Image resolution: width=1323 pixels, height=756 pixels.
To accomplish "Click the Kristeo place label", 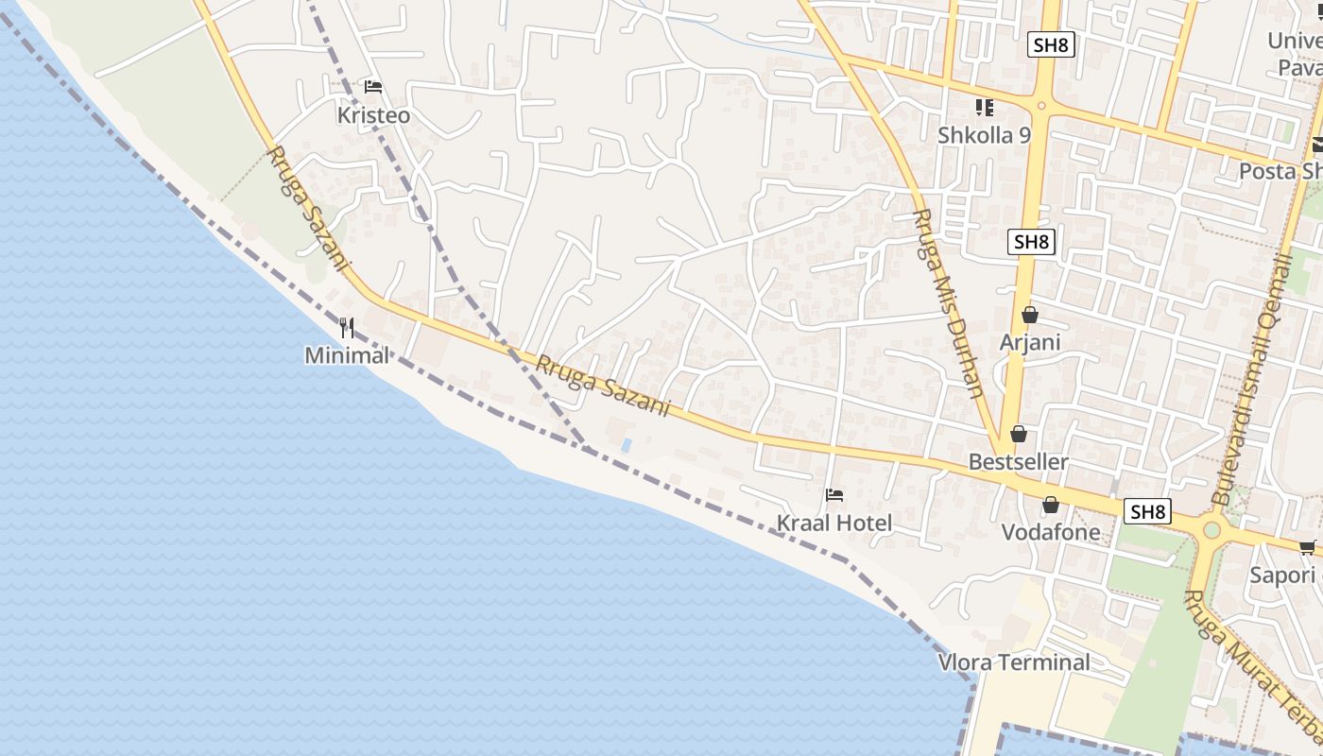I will (x=374, y=115).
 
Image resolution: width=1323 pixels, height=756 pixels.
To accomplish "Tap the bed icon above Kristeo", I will (x=373, y=87).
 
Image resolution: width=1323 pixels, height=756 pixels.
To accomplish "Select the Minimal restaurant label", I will (x=347, y=355).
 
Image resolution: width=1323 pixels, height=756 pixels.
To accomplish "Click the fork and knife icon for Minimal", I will (x=347, y=328).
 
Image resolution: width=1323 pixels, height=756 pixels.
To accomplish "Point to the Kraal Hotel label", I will (x=833, y=523).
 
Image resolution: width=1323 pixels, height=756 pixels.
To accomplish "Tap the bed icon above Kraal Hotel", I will (x=833, y=494).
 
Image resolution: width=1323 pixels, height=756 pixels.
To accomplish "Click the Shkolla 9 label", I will (x=984, y=135).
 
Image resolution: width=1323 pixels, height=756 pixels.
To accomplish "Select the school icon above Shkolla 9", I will (x=985, y=108).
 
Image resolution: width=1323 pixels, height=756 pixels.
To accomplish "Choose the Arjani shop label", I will (x=1030, y=342).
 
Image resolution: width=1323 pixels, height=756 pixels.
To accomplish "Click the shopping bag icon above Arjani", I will (x=1030, y=315).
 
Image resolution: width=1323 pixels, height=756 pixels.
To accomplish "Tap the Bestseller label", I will (x=1019, y=462).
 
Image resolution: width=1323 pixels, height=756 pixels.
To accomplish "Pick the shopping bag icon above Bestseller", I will (x=1019, y=435).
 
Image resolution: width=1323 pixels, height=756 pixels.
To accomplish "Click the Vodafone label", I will (x=1051, y=532).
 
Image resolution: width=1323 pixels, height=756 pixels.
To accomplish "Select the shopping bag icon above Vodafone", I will (x=1051, y=505).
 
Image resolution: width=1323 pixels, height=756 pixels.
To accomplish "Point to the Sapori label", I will (x=1282, y=575).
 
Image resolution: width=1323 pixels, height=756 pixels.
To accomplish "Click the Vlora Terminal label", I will (x=1014, y=661).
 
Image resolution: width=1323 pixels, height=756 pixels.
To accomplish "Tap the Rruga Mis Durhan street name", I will (x=948, y=302).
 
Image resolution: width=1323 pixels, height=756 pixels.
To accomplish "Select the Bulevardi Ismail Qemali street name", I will (x=1252, y=378).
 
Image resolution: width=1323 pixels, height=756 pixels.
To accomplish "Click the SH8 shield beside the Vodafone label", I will (x=1148, y=512).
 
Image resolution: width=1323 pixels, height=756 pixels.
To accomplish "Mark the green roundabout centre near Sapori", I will (x=1211, y=529).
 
